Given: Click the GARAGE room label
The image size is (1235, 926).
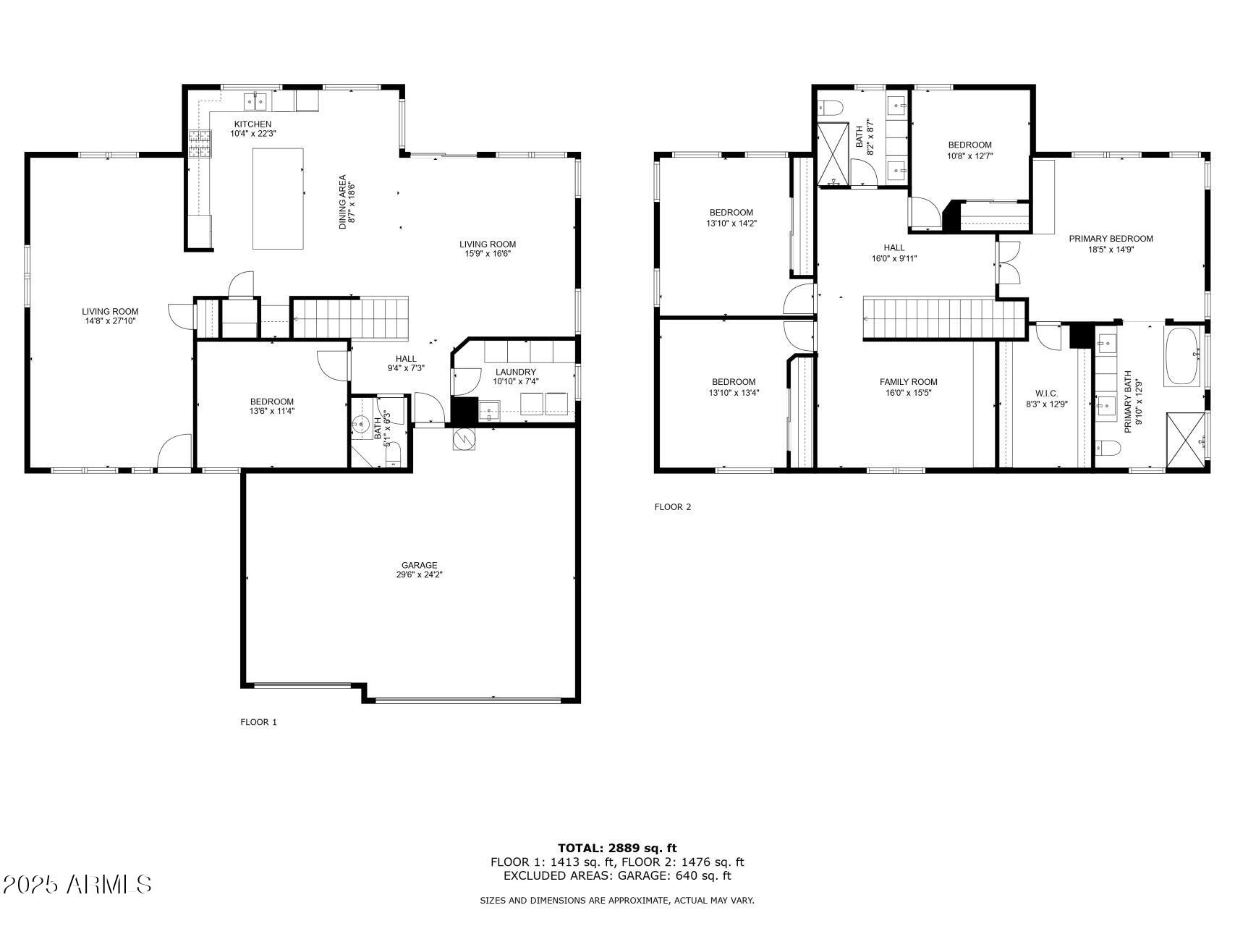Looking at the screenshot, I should [x=420, y=565].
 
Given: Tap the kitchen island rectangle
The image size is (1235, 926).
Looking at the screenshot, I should [x=278, y=198].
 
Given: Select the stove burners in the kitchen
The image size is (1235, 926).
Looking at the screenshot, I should [x=200, y=143].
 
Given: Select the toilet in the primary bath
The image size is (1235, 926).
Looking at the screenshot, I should [x=1108, y=449].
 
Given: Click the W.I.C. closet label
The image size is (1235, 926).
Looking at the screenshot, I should [x=1046, y=394].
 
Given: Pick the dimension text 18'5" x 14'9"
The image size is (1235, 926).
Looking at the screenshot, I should [x=1111, y=250].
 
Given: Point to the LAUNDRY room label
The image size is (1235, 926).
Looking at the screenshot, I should [x=515, y=372].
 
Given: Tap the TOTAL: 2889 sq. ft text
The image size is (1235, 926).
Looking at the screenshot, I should [x=617, y=848].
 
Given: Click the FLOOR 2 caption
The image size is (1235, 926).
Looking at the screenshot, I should [x=673, y=507].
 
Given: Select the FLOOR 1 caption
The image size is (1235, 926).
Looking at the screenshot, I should [x=258, y=722].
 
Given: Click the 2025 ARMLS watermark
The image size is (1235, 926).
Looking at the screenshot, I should [x=77, y=884].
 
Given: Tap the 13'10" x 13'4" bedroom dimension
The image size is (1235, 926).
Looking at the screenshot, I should [x=733, y=393].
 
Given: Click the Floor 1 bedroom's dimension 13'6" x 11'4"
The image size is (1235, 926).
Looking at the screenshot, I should [x=272, y=411].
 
